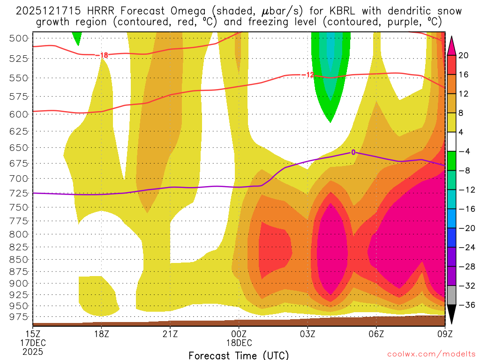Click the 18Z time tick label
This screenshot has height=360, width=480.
coord(102,334)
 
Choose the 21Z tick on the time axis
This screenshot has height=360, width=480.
coord(170,334)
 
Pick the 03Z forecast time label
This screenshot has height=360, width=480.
coord(307,334)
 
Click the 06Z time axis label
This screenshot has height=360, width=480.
coord(376,334)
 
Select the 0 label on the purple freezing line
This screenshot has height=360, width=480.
coord(353,152)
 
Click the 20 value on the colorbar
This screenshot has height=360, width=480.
coord(464,55)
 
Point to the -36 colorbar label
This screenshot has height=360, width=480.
coord(465,305)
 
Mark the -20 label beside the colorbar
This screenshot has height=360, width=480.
coord(465,228)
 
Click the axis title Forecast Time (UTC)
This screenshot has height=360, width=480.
coord(239,355)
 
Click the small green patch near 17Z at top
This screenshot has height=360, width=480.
coord(77,37)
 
